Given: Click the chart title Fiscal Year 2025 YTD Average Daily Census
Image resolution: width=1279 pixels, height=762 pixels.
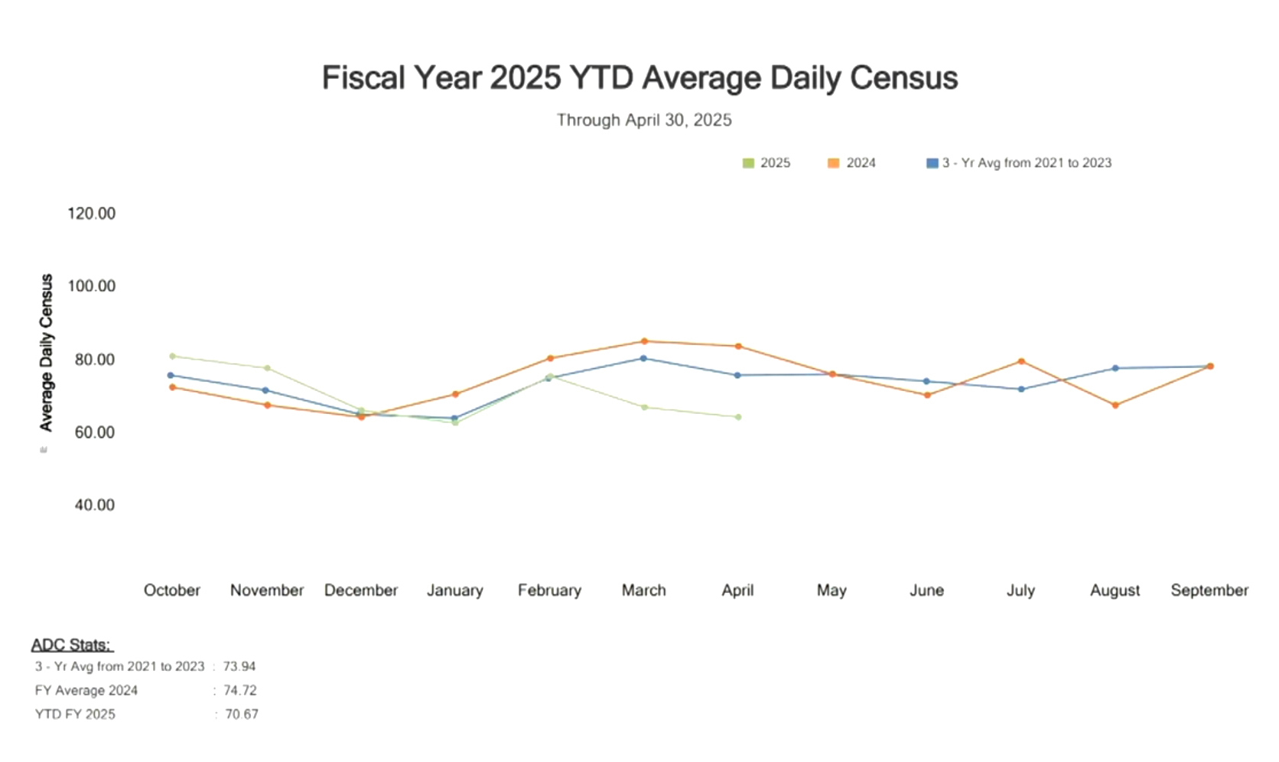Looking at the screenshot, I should pos(639,78).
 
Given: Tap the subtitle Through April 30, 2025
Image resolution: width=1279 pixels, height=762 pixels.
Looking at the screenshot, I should pos(644,120).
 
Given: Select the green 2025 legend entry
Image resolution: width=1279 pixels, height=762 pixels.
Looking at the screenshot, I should pos(766,163).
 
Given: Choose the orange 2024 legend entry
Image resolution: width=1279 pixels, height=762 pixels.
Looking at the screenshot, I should pos(852,163).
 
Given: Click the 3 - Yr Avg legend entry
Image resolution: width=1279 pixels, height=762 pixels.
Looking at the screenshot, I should pos(1019,163).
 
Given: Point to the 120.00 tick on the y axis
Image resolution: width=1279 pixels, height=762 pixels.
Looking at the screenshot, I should pos(92,213).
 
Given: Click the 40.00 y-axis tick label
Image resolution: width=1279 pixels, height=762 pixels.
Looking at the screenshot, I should pos(95,505).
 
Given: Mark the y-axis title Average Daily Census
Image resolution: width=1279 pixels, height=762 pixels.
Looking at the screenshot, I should pos(47,353).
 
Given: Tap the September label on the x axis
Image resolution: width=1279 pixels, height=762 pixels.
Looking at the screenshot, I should pos(1209,591).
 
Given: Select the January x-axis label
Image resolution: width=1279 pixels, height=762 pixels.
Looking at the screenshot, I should pos(455,591).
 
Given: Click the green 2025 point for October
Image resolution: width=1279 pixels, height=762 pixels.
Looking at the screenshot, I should pos(172,357).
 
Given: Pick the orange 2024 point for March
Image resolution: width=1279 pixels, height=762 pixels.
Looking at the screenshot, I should pos(644,341).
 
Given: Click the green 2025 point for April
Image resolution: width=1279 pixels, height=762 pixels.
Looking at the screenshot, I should pos(738,417).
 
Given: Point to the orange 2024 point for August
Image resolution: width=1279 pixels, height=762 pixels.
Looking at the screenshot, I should pos(1115,405).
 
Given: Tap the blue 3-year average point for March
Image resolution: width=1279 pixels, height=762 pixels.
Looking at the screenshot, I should pos(643,358).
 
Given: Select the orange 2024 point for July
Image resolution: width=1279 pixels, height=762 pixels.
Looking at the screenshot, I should pos(1021,361).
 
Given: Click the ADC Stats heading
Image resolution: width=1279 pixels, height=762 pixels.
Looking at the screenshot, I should pos(71,645).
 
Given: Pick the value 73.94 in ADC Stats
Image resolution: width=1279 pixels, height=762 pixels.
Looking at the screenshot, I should pos(239,666).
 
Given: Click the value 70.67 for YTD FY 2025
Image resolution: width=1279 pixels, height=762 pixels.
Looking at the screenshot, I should pos(242,715).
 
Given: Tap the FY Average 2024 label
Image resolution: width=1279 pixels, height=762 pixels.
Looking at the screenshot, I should pos(86,690).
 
